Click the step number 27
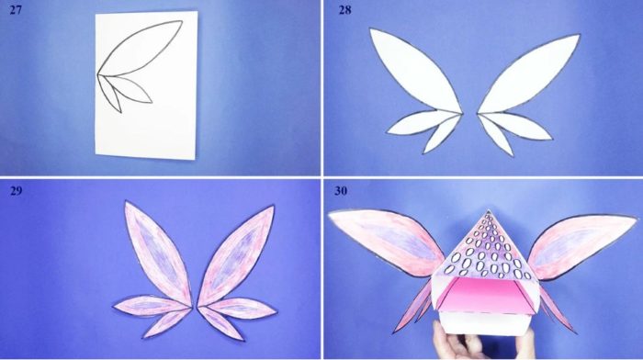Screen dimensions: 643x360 tap(16, 10)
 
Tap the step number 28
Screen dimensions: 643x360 tap(344, 10)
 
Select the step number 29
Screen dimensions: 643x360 tap(16, 191)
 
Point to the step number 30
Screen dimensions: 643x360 tap(341, 191)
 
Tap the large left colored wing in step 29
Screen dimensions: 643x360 tap(158, 253)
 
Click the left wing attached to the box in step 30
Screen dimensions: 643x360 tap(386, 238)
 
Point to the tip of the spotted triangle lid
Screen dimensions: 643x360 tap(488, 210)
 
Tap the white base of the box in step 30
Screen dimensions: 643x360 tap(484, 323)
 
